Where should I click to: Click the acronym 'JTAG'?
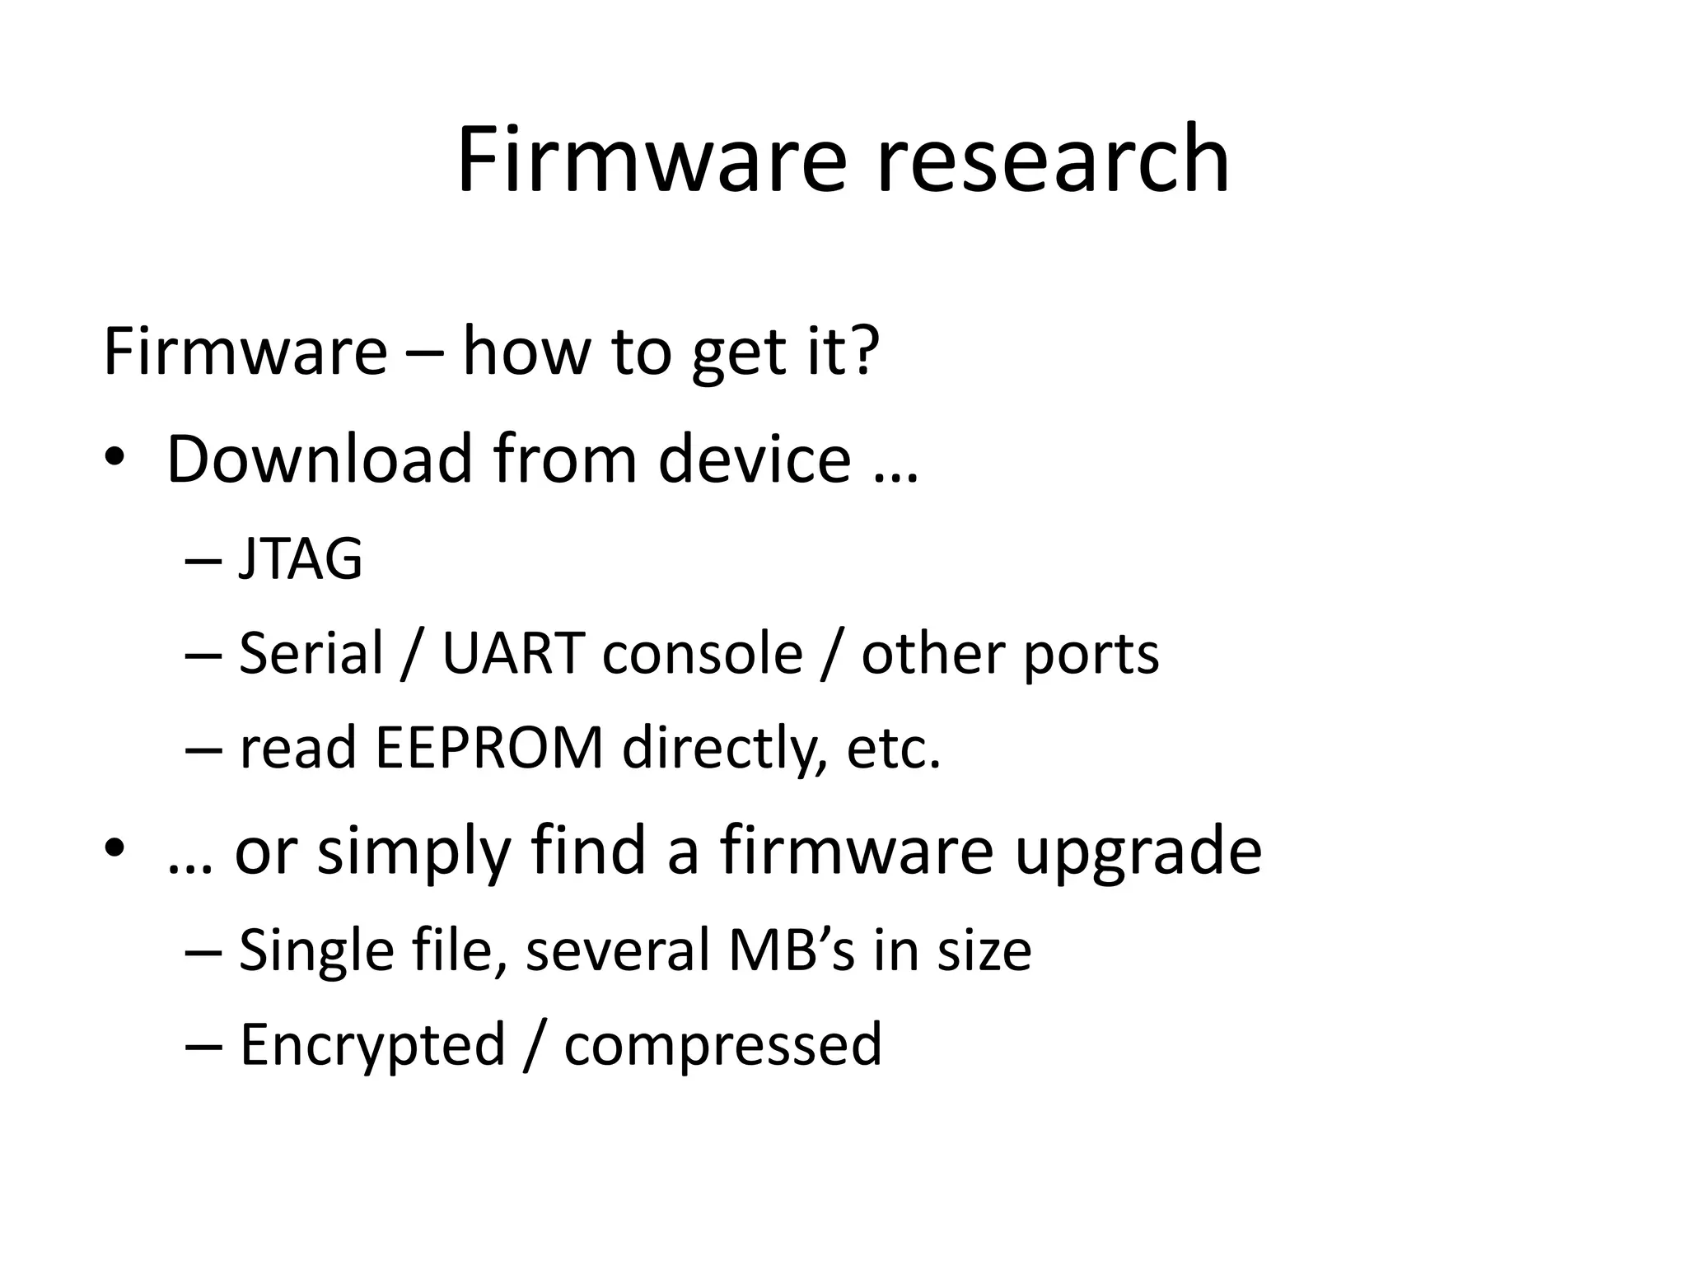(300, 559)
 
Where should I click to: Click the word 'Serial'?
(311, 653)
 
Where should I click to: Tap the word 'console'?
(703, 653)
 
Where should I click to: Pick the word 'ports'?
(1091, 653)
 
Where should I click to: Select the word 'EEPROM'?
(489, 748)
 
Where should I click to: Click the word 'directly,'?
(725, 748)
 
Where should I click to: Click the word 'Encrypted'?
(372, 1044)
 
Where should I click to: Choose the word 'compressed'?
(722, 1044)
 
